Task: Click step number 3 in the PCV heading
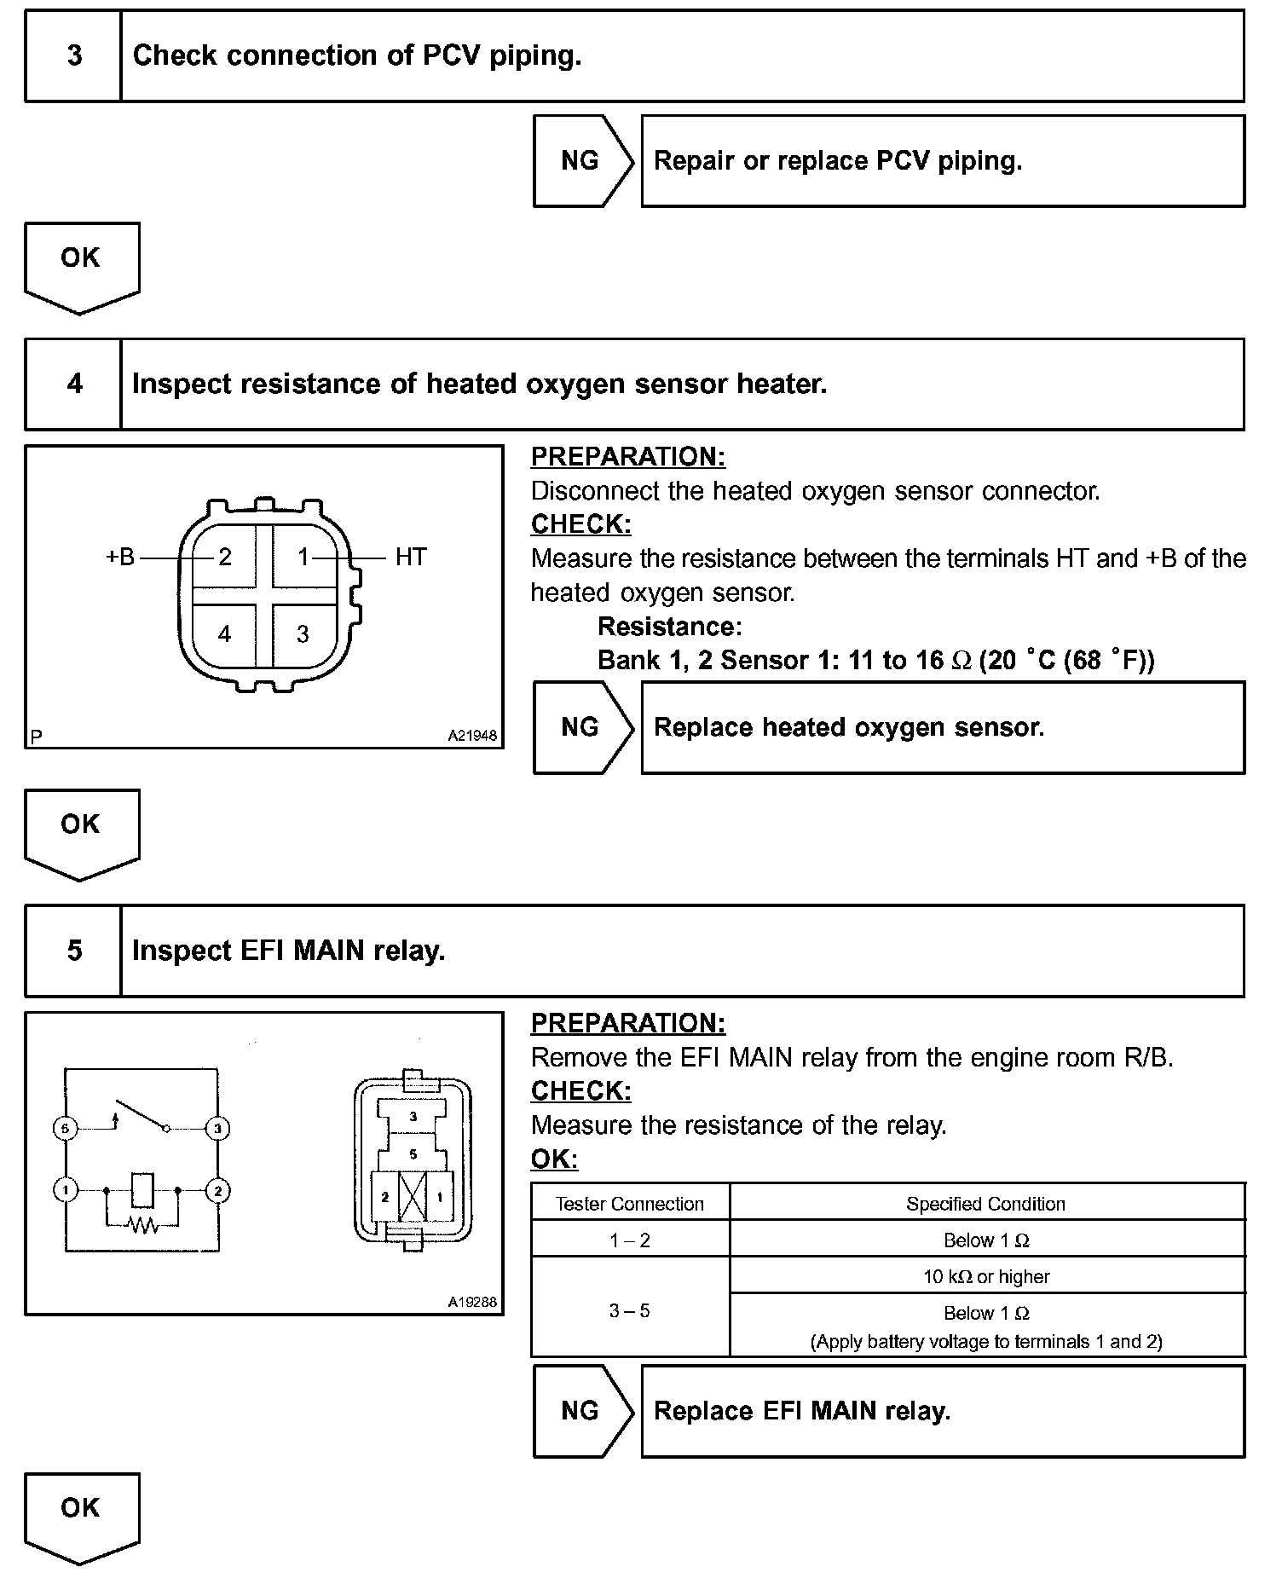[74, 55]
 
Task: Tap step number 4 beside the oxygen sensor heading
[74, 384]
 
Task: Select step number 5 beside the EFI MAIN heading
[74, 951]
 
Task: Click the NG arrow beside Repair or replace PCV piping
[581, 161]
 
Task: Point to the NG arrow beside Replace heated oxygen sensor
[581, 727]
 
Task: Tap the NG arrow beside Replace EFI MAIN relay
[581, 1411]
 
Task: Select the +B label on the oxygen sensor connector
[120, 557]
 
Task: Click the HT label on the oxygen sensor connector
[410, 557]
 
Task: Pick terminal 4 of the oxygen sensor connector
[224, 633]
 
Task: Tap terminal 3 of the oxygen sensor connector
[303, 633]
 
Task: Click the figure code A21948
[472, 735]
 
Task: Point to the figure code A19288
[472, 1302]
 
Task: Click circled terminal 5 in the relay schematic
[66, 1128]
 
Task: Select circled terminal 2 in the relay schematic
[217, 1190]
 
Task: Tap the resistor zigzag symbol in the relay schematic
[141, 1225]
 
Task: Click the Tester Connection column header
[630, 1204]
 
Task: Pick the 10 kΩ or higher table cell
[986, 1276]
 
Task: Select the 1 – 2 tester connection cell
[630, 1240]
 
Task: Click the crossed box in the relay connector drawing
[413, 1196]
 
